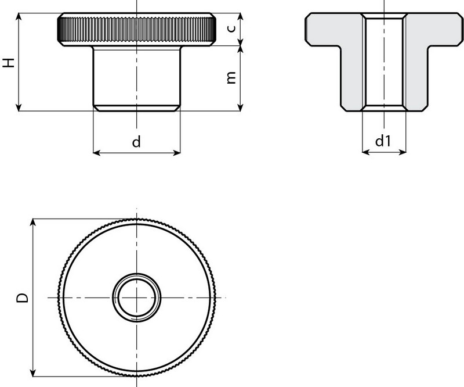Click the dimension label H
[x=9, y=62]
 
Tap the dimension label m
[x=231, y=78]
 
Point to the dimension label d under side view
[x=136, y=141]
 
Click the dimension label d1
[x=383, y=141]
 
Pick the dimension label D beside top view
[x=22, y=298]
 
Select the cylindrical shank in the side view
[x=137, y=76]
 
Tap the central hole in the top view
[x=137, y=297]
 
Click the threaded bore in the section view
[x=384, y=63]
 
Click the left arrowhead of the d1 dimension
[x=366, y=153]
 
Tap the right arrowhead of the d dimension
[x=176, y=153]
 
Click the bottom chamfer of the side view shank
[x=137, y=108]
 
